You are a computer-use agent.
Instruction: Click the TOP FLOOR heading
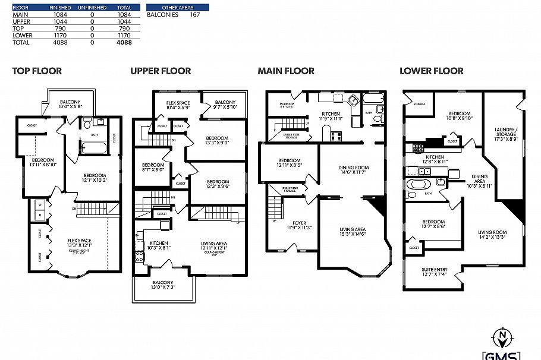coord(37,71)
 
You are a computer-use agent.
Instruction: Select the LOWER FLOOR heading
coord(431,71)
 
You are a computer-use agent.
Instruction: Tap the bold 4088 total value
coord(124,43)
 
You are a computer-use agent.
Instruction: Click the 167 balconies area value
coord(194,14)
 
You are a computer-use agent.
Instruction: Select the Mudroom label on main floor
coord(287,105)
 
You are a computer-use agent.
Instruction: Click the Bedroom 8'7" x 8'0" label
coord(153,168)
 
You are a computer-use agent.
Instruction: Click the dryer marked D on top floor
coord(39,214)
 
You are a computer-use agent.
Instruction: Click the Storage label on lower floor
coord(419,104)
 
